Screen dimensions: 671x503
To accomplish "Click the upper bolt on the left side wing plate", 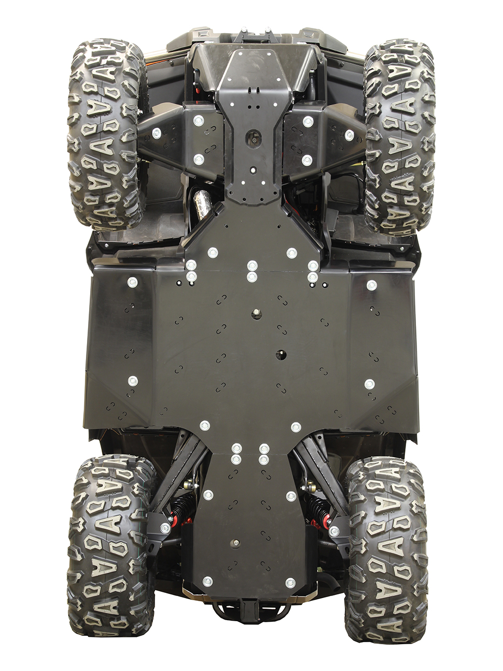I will pyautogui.click(x=133, y=283).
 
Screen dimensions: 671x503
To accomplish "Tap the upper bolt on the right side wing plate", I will pyautogui.click(x=371, y=285).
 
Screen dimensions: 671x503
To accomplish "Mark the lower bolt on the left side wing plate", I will pyautogui.click(x=133, y=381).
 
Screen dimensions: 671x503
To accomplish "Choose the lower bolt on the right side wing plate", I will pyautogui.click(x=369, y=384).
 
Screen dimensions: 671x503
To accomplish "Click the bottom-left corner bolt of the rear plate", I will pyautogui.click(x=207, y=581).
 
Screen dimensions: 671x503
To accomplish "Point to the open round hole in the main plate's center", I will pyautogui.click(x=281, y=354).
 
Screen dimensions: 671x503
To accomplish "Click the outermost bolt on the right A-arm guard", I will pyautogui.click(x=349, y=135).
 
